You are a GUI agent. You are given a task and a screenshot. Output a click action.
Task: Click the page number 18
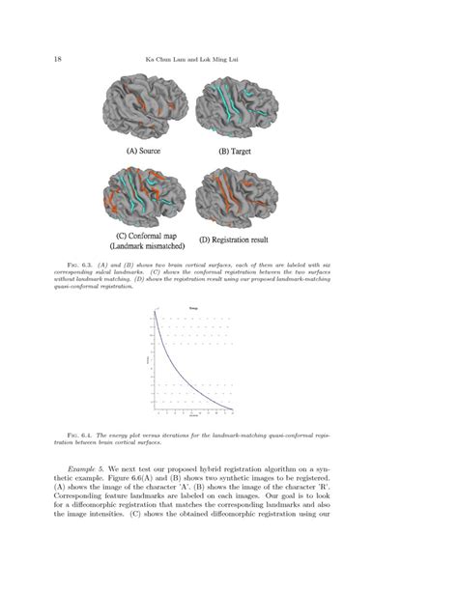(x=60, y=59)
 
